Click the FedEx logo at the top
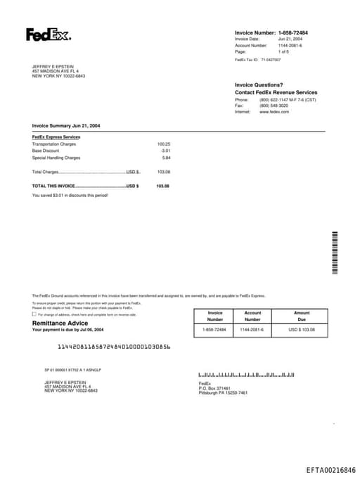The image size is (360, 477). point(49,34)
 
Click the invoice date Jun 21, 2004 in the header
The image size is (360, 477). point(290,39)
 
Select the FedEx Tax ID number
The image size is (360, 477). point(271,60)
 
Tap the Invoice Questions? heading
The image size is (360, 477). point(259,85)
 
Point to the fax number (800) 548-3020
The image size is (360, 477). point(273,106)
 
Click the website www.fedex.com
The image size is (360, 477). point(274,112)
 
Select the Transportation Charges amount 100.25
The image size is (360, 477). point(164,144)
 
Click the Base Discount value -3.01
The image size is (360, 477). point(165,151)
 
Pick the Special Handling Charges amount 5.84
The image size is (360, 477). point(166,158)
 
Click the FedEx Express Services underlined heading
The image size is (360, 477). point(56,136)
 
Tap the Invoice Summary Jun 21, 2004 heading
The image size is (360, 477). point(66,125)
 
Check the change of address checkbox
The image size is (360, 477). point(34,314)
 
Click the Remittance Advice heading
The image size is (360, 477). point(56,323)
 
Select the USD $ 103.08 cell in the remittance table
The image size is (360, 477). point(302,329)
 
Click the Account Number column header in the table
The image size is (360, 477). point(252,316)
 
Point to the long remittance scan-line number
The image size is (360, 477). point(113,347)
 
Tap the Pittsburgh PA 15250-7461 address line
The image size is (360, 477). point(223,393)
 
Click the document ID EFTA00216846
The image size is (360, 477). point(330,469)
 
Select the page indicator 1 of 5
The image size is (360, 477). point(283,51)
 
